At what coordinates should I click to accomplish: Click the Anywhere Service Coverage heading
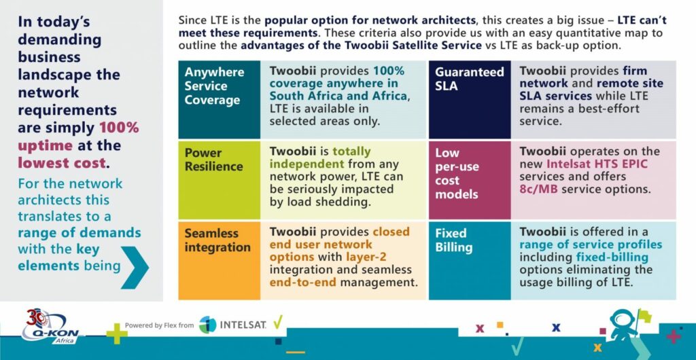pyautogui.click(x=214, y=86)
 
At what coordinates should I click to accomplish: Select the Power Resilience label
pyautogui.click(x=214, y=160)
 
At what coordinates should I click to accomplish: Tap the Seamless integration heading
pyautogui.click(x=217, y=240)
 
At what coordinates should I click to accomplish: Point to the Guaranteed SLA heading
pyautogui.click(x=470, y=79)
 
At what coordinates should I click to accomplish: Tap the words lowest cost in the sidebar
pyautogui.click(x=62, y=163)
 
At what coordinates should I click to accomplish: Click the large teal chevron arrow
pyautogui.click(x=135, y=268)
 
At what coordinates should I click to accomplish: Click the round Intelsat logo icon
pyautogui.click(x=207, y=325)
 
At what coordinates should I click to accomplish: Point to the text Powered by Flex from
pyautogui.click(x=159, y=325)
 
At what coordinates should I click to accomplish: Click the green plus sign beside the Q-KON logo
pyautogui.click(x=117, y=334)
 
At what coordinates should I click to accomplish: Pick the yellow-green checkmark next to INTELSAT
pyautogui.click(x=277, y=323)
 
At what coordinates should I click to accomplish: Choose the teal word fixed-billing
pyautogui.click(x=612, y=257)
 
